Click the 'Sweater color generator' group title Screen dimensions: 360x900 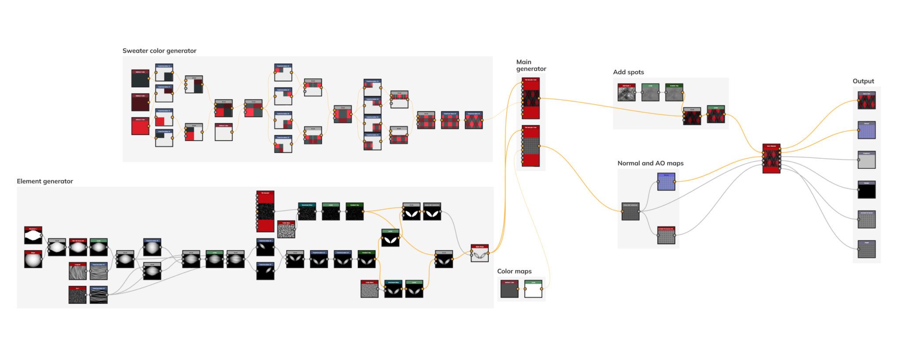pyautogui.click(x=159, y=51)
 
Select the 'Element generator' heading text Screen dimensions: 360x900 pyautogui.click(x=45, y=181)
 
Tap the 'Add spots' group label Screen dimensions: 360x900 pyautogui.click(x=628, y=72)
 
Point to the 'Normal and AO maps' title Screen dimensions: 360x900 pyautogui.click(x=650, y=163)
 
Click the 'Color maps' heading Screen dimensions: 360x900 pyautogui.click(x=514, y=271)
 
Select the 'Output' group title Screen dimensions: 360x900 pyautogui.click(x=863, y=81)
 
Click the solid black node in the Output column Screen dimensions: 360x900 pyautogui.click(x=867, y=190)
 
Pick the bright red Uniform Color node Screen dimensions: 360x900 pyautogui.click(x=140, y=126)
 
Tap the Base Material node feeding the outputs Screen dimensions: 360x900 pyautogui.click(x=771, y=159)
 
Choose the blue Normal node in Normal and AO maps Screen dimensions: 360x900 pyautogui.click(x=666, y=182)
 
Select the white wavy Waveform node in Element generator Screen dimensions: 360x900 pyautogui.click(x=33, y=236)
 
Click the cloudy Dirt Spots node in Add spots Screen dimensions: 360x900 pyautogui.click(x=626, y=93)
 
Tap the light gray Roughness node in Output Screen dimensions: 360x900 pyautogui.click(x=867, y=160)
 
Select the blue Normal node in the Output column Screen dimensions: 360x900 pyautogui.click(x=867, y=130)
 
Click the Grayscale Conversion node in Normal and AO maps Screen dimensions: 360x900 pyautogui.click(x=630, y=212)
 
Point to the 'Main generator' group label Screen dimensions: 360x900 pyautogui.click(x=530, y=65)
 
